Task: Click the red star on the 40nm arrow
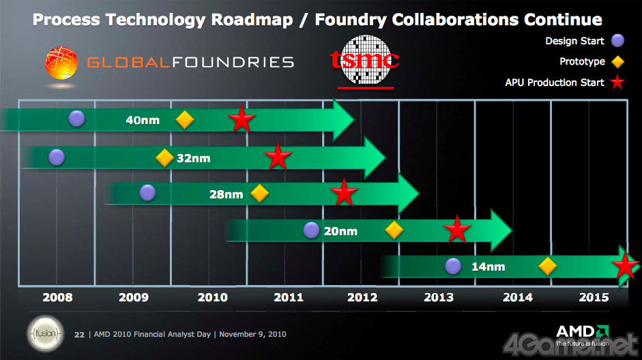(x=242, y=120)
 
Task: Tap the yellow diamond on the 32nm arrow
(x=164, y=157)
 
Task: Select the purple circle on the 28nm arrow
(x=147, y=192)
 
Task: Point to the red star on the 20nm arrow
(x=457, y=230)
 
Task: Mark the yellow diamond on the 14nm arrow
(x=547, y=266)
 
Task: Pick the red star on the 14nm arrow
(x=625, y=265)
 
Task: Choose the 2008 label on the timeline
(x=57, y=297)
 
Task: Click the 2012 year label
(x=362, y=297)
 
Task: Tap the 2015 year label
(x=594, y=297)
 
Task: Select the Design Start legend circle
(x=617, y=41)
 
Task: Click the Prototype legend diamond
(x=617, y=62)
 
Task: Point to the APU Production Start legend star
(x=617, y=83)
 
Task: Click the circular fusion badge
(x=42, y=333)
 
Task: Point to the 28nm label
(x=226, y=194)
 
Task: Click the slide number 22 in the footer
(x=78, y=334)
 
